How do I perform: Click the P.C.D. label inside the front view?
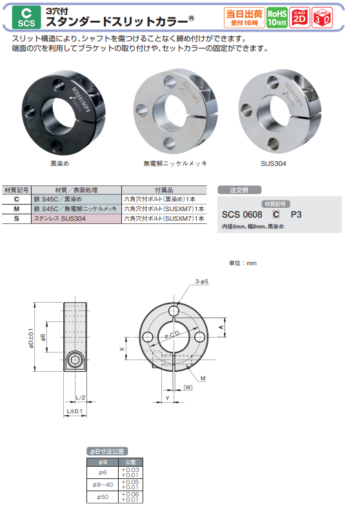tap(172, 337)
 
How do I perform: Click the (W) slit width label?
tap(188, 387)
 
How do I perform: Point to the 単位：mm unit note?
tap(243, 263)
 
